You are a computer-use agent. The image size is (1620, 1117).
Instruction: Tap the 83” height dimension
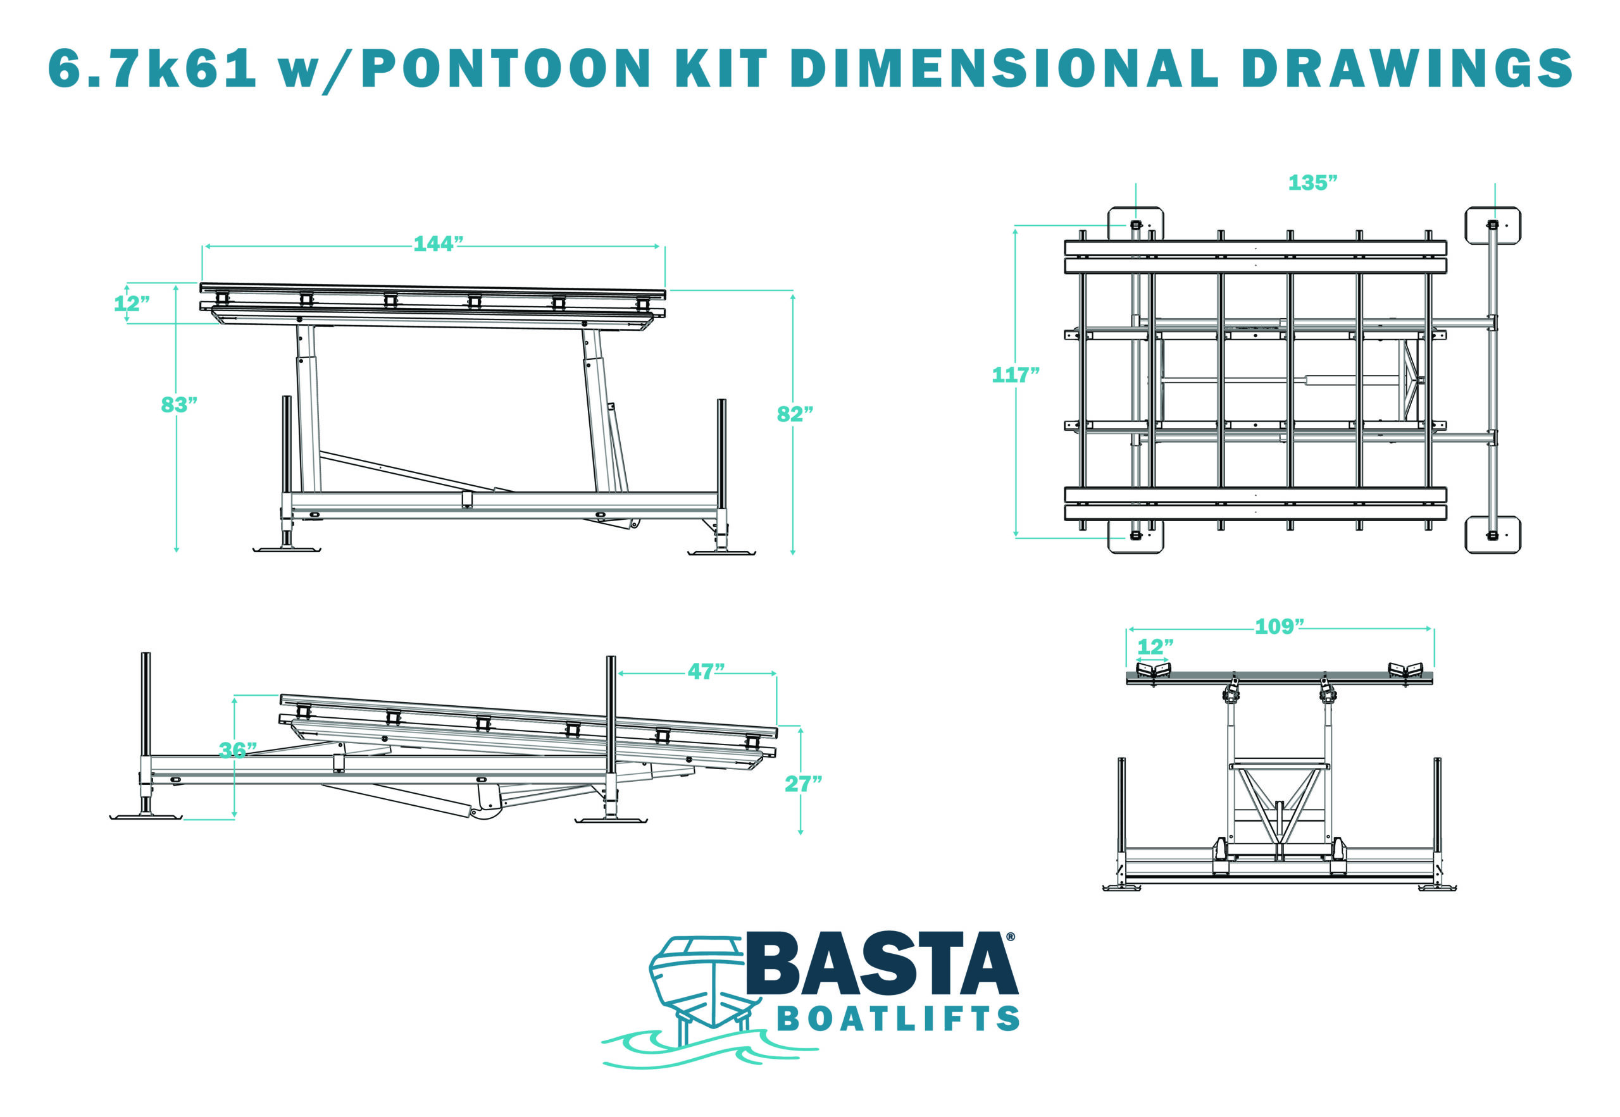(178, 405)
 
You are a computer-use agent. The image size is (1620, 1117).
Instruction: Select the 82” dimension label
(795, 414)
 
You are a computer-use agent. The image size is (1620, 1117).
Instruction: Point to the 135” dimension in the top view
(1312, 183)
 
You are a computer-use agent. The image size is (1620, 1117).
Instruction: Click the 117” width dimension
(1015, 375)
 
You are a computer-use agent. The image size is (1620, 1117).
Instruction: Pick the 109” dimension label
(1279, 626)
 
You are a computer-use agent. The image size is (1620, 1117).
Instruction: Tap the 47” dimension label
(706, 671)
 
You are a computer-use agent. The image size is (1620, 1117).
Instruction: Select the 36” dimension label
(237, 750)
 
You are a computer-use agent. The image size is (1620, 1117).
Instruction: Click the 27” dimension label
(803, 784)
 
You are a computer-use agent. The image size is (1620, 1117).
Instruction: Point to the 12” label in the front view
(1154, 646)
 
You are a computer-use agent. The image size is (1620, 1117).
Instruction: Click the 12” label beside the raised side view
(132, 304)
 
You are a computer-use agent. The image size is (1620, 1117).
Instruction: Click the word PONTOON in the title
(506, 68)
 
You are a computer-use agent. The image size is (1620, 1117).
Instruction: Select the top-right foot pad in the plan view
(1493, 225)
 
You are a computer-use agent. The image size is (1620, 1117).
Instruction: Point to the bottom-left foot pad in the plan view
(1135, 536)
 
